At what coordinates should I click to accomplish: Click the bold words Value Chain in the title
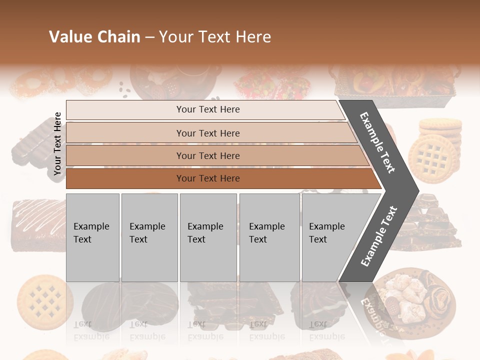[x=94, y=37]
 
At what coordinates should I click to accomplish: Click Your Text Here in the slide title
[x=215, y=37]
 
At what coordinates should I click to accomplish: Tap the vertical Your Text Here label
[x=57, y=143]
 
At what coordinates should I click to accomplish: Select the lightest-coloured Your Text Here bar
[x=207, y=109]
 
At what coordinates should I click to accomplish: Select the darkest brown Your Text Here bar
[x=207, y=178]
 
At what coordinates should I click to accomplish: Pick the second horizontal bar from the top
[x=207, y=133]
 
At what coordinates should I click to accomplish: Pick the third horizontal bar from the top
[x=207, y=155]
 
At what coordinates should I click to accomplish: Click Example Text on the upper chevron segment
[x=377, y=143]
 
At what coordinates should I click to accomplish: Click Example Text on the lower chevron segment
[x=379, y=236]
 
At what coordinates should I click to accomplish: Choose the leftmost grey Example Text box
[x=92, y=237]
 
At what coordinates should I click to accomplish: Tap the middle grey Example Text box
[x=208, y=237]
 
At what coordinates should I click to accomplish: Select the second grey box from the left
[x=149, y=237]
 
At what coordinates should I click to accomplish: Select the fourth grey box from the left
[x=269, y=237]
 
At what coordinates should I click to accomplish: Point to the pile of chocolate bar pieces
[x=435, y=222]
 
